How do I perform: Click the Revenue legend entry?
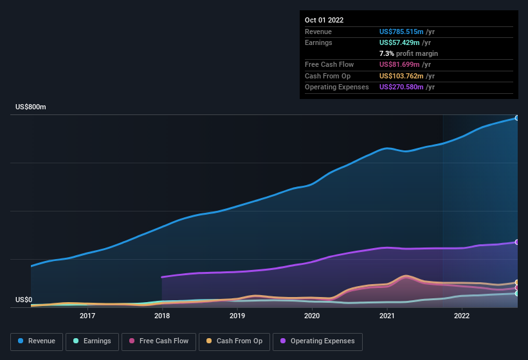click(x=37, y=341)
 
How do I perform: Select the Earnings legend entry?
click(x=92, y=341)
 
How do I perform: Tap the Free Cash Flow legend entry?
click(x=158, y=341)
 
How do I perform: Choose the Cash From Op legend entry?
click(x=233, y=341)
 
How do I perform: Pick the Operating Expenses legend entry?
click(x=318, y=341)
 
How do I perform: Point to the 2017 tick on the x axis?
click(x=87, y=316)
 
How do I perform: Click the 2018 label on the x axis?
click(x=162, y=316)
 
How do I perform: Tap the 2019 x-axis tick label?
click(x=237, y=316)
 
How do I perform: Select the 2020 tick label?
click(x=312, y=316)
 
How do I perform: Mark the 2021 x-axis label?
click(x=387, y=316)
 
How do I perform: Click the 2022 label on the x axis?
click(x=462, y=316)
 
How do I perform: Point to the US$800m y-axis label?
click(x=31, y=107)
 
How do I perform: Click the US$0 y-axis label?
click(x=24, y=300)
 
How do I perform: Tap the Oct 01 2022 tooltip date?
click(x=324, y=20)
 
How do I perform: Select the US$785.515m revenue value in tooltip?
click(x=401, y=32)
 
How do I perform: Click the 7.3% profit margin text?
click(x=408, y=53)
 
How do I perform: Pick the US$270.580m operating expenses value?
click(x=401, y=87)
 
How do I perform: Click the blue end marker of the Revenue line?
click(x=516, y=118)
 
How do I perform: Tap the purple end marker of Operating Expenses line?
click(x=516, y=242)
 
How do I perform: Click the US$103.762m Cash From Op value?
click(x=401, y=76)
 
